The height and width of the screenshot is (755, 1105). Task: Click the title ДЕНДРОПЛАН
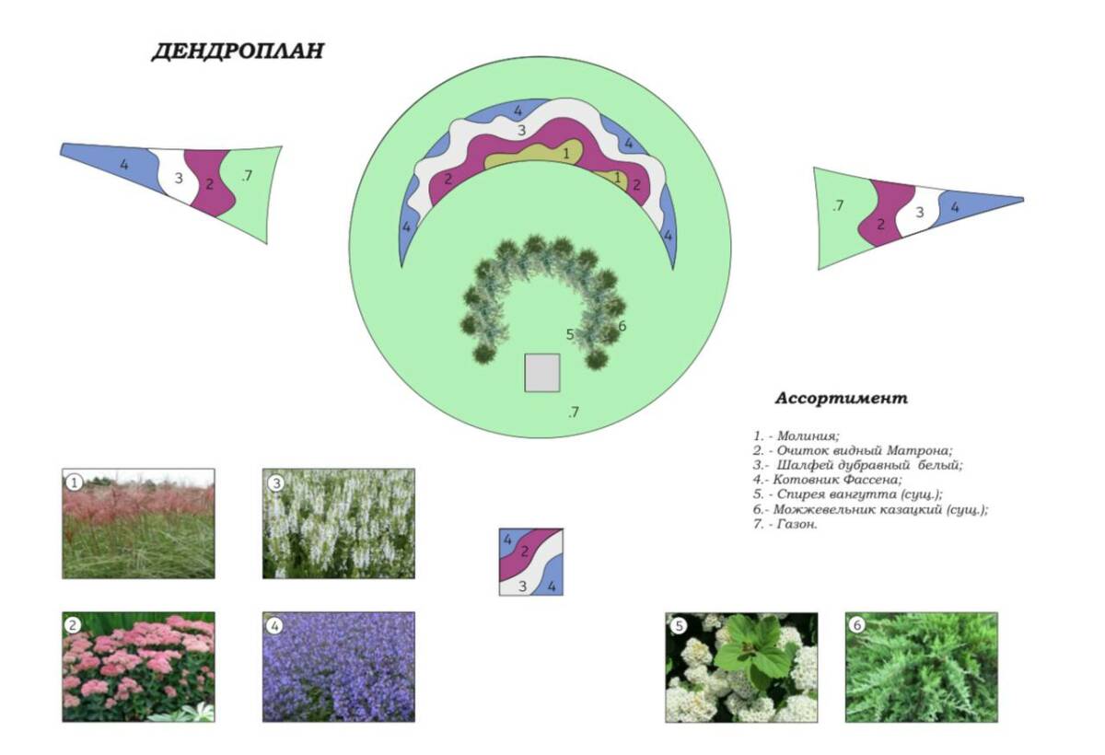click(x=238, y=51)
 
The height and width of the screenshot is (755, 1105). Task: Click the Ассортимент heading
click(x=841, y=398)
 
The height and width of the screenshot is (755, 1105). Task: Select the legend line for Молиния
click(x=796, y=436)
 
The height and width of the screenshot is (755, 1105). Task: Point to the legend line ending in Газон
click(x=785, y=524)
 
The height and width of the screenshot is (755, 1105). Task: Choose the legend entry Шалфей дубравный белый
click(x=857, y=465)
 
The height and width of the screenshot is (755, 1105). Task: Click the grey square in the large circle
click(x=541, y=373)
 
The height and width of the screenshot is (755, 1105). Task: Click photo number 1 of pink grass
click(x=139, y=523)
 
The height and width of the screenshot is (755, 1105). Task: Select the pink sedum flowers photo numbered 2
click(x=139, y=668)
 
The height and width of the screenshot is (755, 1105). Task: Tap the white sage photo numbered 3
click(x=339, y=523)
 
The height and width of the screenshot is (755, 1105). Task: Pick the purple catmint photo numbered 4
click(x=339, y=668)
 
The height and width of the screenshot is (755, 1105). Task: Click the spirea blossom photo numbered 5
click(x=741, y=668)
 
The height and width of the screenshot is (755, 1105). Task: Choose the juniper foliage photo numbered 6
click(x=922, y=668)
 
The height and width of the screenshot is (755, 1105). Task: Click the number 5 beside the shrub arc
click(x=570, y=335)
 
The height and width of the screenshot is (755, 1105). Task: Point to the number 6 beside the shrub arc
click(x=622, y=326)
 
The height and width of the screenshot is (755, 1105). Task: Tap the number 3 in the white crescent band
click(x=521, y=131)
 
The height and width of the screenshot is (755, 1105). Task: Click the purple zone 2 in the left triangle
click(x=211, y=183)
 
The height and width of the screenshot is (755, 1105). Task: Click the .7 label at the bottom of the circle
click(x=573, y=412)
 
